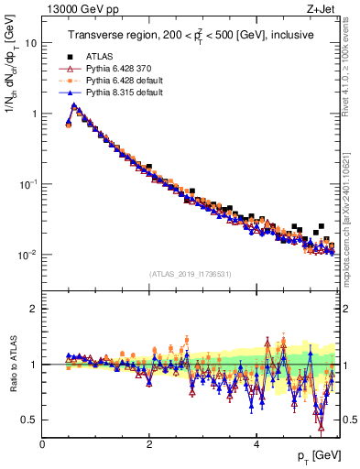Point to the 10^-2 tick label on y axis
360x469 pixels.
coord(27,254)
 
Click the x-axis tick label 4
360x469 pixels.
coord(256,442)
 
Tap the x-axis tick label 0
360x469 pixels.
coord(42,442)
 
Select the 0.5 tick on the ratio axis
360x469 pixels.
coord(28,420)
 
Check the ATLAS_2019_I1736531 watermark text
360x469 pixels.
coord(190,274)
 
